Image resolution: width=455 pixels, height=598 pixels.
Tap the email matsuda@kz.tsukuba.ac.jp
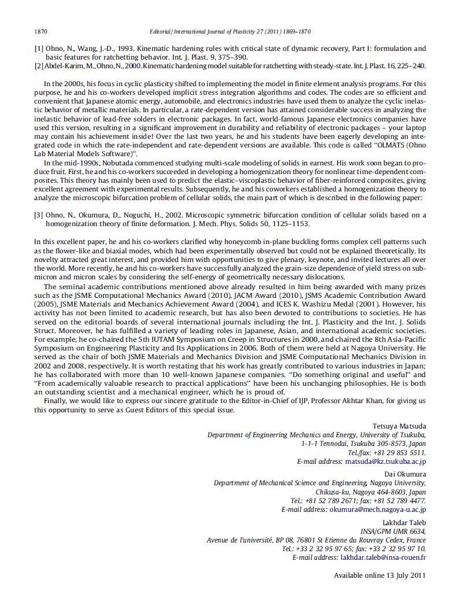(x=385, y=462)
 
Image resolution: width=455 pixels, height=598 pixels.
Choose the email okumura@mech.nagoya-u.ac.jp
(x=378, y=510)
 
